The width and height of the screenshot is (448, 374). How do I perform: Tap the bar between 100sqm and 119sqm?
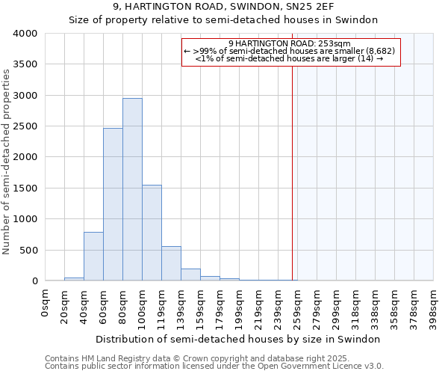[x=152, y=233]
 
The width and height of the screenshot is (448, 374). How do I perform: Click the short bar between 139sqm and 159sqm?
[x=190, y=275]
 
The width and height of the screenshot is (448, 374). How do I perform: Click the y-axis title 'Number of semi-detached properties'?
[x=7, y=161]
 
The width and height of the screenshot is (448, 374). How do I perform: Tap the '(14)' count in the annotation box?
[x=365, y=58]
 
